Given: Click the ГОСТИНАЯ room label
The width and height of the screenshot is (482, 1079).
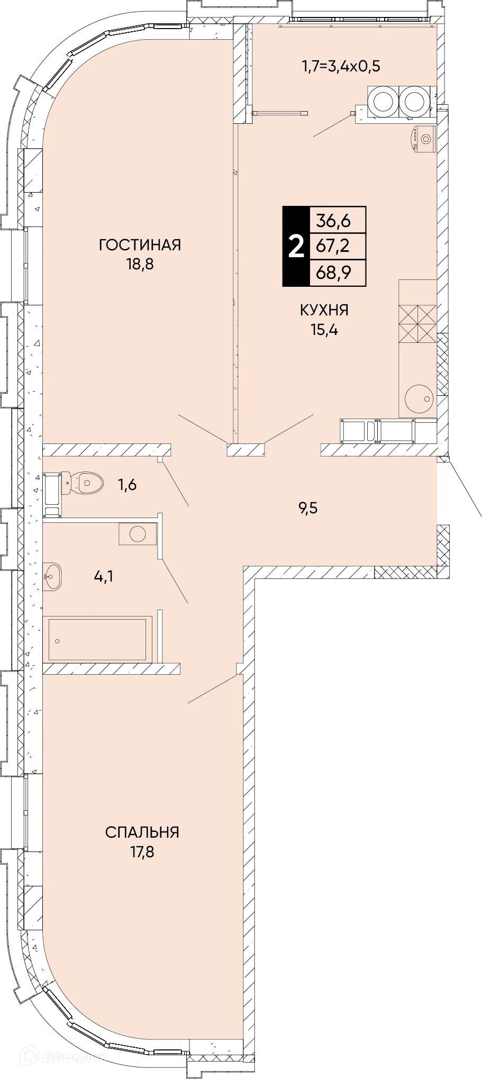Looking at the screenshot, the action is coord(140,245).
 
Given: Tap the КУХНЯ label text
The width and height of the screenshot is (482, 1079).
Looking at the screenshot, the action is coord(324,310).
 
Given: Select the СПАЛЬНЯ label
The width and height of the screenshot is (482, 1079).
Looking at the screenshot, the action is coord(142,832).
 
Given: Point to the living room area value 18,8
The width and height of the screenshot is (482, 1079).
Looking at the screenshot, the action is coord(140,264).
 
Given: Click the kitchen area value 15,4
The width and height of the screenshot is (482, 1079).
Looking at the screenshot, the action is coord(324,330).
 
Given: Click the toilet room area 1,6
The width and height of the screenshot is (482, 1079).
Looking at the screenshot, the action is coord(126,484).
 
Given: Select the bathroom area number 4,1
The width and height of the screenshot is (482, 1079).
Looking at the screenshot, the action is coord(104,576).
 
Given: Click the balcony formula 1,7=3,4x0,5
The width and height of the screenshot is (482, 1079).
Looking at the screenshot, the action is coord(341,66).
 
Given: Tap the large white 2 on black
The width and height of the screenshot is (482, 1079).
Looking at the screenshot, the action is coord(296,247).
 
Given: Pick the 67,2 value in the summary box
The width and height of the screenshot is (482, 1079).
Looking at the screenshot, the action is coord(333,246).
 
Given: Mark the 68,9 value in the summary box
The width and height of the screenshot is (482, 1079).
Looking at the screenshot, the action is coord(333,273).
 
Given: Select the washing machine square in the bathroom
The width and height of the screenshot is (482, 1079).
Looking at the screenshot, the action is coord(138,533).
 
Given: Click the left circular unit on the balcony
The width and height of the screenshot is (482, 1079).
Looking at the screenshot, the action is coord(382,101).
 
